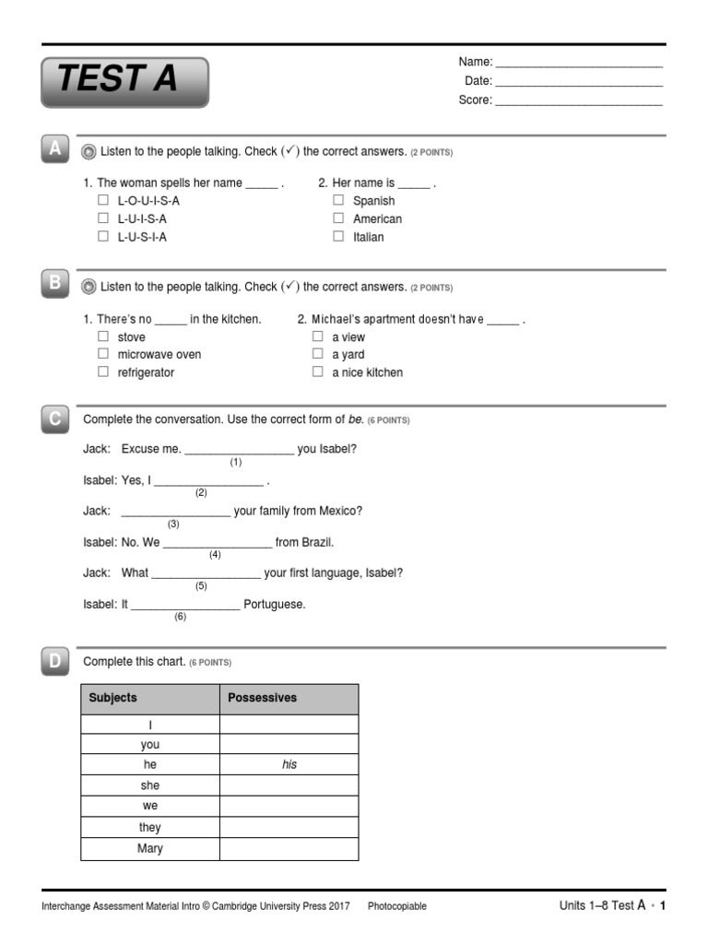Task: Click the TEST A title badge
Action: [124, 82]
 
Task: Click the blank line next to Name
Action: [579, 63]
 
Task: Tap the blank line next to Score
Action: [579, 100]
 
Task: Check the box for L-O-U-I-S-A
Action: [103, 200]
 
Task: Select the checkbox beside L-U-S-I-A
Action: [103, 237]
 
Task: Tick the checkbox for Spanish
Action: [338, 200]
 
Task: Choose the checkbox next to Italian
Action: [338, 237]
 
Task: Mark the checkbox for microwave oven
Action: [103, 354]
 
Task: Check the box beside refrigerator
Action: [103, 372]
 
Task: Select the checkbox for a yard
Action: [317, 354]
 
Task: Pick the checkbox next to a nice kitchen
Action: [317, 372]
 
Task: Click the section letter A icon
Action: [54, 149]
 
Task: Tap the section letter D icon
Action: [54, 660]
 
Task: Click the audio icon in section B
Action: [89, 287]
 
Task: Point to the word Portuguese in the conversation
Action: [274, 605]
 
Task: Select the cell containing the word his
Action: [289, 765]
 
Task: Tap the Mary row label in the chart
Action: [149, 849]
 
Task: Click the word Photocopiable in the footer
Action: [396, 906]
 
